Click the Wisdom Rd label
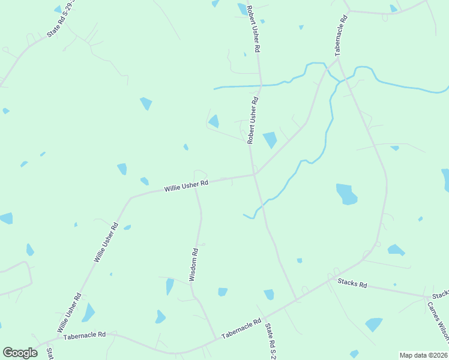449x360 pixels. point(193,264)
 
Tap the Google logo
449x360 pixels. point(20,353)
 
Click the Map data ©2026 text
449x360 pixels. point(424,355)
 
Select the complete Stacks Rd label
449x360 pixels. point(352,283)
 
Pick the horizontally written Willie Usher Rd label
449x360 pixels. point(186,186)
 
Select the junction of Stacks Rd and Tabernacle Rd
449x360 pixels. point(330,278)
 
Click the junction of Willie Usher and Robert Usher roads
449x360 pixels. point(255,175)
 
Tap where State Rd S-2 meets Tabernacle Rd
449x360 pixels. point(297,299)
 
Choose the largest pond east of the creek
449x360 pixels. point(346,194)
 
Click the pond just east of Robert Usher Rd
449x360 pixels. point(270,139)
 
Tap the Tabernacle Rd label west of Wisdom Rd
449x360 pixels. point(85,334)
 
